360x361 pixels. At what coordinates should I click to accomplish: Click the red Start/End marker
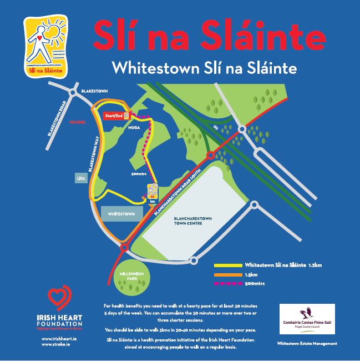[113, 116]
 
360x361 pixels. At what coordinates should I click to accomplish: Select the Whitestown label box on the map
[121, 213]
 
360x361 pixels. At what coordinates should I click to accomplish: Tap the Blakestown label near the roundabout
[94, 90]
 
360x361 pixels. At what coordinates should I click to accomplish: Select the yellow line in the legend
[228, 265]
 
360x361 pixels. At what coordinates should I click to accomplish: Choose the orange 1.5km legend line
[228, 275]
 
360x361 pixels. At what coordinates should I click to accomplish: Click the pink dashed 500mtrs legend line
[228, 284]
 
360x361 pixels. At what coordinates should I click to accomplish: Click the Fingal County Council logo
[307, 319]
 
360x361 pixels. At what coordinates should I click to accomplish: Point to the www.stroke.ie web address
[55, 344]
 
